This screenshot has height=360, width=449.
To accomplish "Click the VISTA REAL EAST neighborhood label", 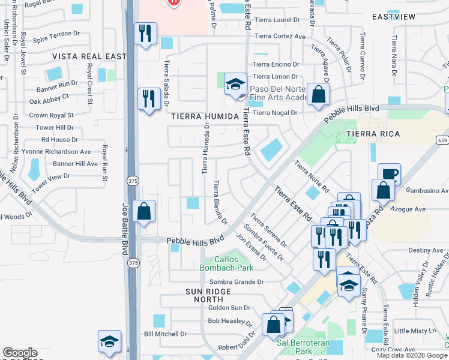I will (89, 56).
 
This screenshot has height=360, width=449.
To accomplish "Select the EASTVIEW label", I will (393, 16).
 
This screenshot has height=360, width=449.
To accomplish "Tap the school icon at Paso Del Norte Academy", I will (236, 84).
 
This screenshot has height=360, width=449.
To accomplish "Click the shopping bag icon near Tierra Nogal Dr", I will (319, 94).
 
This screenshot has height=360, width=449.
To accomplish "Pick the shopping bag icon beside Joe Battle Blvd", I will (144, 211).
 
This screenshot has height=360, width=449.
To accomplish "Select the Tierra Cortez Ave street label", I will (279, 36).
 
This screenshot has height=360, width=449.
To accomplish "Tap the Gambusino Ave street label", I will (427, 191).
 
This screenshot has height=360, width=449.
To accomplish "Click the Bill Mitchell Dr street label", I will (165, 334).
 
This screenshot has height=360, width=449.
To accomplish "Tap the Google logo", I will (20, 353).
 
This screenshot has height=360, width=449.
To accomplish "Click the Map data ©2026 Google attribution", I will (411, 355).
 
